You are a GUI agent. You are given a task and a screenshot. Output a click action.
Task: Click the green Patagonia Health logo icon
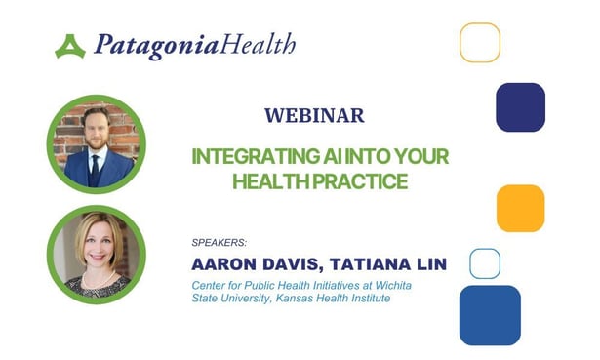(70, 46)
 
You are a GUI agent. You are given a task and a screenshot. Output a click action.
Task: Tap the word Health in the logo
(257, 45)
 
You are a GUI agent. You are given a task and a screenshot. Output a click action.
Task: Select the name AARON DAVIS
(256, 262)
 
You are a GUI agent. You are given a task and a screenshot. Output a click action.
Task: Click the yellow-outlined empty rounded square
(480, 43)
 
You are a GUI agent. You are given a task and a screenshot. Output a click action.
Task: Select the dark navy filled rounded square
(520, 107)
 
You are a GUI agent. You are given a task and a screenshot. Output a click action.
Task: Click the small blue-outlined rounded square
(485, 263)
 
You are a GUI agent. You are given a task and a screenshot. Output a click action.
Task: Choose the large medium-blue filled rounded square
(490, 315)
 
